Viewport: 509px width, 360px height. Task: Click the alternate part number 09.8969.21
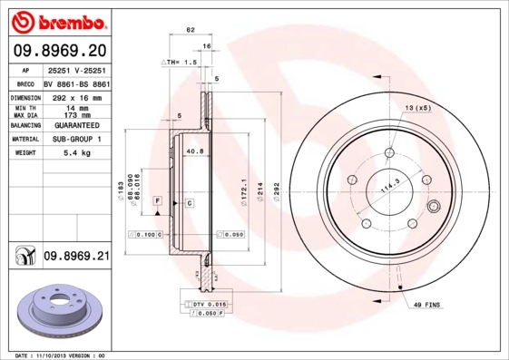tap(76, 258)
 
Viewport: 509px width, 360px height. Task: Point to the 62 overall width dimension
tap(191, 31)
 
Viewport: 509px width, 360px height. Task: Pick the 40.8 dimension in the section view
tap(194, 151)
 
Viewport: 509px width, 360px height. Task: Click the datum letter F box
tap(157, 199)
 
